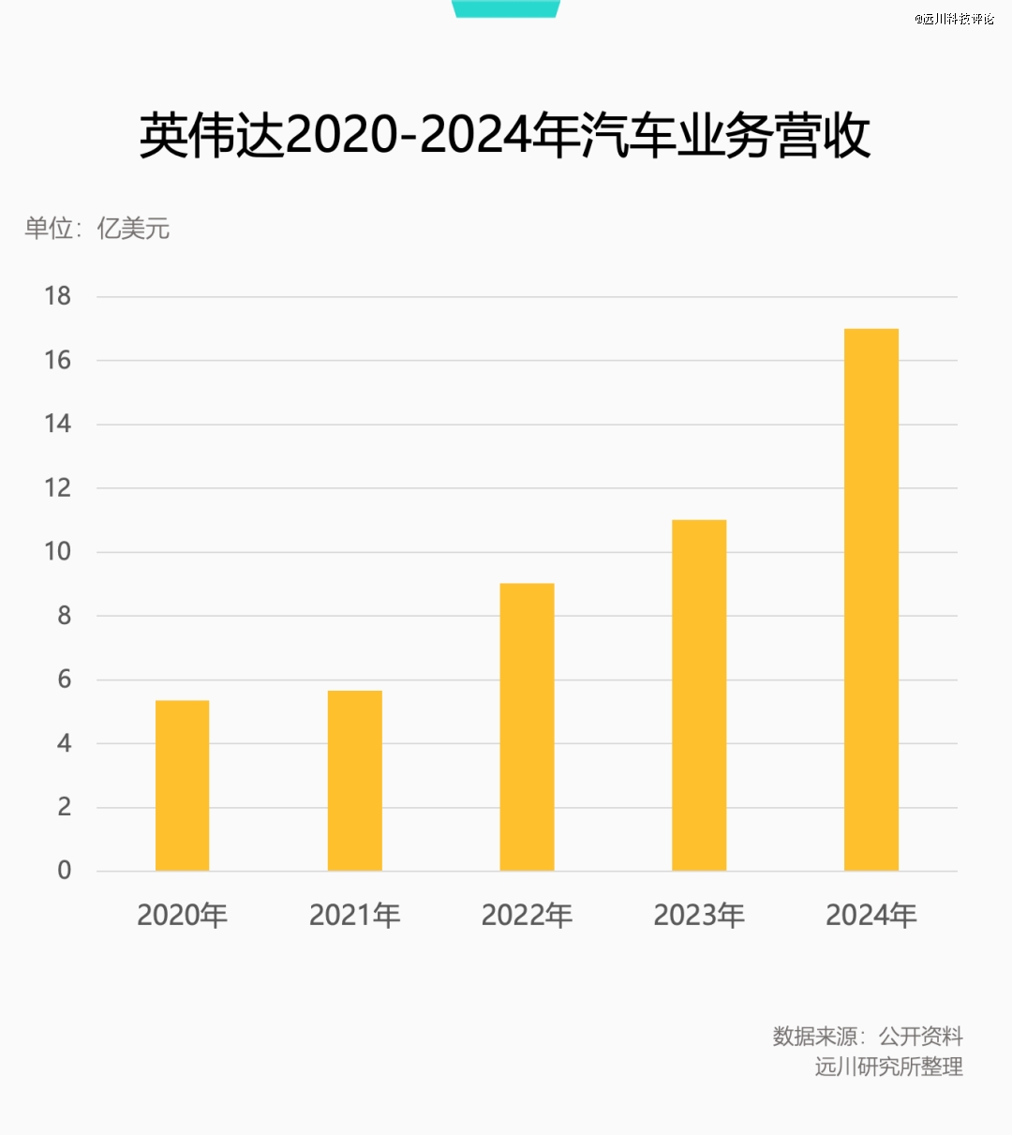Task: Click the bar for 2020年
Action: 182,785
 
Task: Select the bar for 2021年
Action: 354,781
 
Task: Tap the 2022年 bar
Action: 527,727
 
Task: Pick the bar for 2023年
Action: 699,695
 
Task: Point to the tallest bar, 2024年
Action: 871,600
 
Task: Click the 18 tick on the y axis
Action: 58,296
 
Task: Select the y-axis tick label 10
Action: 58,551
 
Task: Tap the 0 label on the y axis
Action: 64,871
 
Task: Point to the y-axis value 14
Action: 58,424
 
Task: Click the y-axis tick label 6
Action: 64,680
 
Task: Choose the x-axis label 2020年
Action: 182,915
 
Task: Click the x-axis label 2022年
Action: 527,915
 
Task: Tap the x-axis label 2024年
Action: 871,915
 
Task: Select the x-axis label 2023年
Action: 699,915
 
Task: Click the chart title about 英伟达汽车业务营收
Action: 505,137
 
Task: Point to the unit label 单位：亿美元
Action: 97,228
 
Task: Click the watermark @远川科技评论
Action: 955,19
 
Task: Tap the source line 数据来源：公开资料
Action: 868,1036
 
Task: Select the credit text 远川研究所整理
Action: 888,1067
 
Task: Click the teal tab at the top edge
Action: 506,8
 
